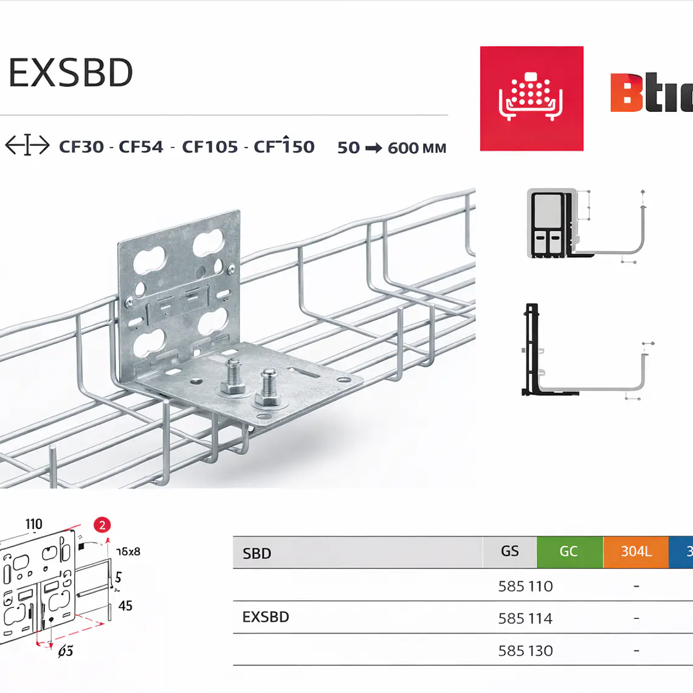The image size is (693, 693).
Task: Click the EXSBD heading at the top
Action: click(71, 73)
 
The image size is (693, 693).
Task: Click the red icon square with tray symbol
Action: click(531, 98)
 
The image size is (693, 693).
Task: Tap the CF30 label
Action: click(81, 147)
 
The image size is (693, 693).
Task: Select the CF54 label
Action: click(141, 147)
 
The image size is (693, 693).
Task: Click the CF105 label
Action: click(210, 147)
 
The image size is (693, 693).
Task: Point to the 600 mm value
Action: click(416, 148)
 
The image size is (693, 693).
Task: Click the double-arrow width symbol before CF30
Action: click(27, 146)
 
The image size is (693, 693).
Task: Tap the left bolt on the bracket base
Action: click(234, 377)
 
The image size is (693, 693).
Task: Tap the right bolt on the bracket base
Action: click(268, 387)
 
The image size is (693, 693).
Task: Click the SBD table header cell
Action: click(257, 553)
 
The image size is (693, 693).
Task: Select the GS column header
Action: click(509, 551)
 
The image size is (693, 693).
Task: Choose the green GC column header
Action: click(569, 551)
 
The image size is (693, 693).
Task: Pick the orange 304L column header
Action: click(636, 551)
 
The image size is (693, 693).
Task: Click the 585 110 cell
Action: click(525, 587)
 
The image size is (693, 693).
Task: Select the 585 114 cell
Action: click(525, 619)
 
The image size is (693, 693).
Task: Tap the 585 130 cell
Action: click(525, 651)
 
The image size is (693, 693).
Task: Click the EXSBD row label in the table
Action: click(266, 617)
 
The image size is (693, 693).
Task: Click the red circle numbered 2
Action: click(102, 525)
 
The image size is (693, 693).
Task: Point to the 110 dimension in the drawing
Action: click(34, 524)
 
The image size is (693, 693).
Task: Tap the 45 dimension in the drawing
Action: click(125, 606)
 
